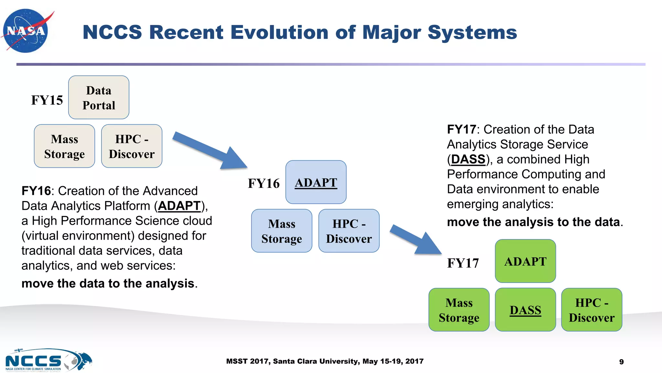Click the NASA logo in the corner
26,31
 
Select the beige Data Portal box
99,97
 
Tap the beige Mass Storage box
64,146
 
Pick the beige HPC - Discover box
132,146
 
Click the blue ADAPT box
316,182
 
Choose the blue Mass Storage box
282,231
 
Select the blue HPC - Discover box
349,231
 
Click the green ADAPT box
525,261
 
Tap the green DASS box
525,310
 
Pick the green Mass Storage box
459,310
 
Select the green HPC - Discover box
592,310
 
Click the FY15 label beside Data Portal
47,100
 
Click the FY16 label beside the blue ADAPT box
263,183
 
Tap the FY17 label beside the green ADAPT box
463,263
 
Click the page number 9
621,362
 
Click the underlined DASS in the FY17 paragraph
468,159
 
